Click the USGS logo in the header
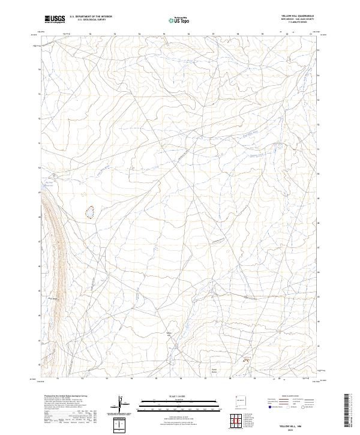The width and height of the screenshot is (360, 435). pyautogui.click(x=55, y=20)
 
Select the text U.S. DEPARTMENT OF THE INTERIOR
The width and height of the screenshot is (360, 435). pyautogui.click(x=89, y=17)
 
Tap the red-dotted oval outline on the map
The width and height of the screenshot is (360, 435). pyautogui.click(x=90, y=212)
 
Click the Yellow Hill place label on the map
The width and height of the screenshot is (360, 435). pyautogui.click(x=169, y=334)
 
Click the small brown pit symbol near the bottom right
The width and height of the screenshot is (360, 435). pyautogui.click(x=245, y=361)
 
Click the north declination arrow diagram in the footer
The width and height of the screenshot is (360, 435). pyautogui.click(x=121, y=406)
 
